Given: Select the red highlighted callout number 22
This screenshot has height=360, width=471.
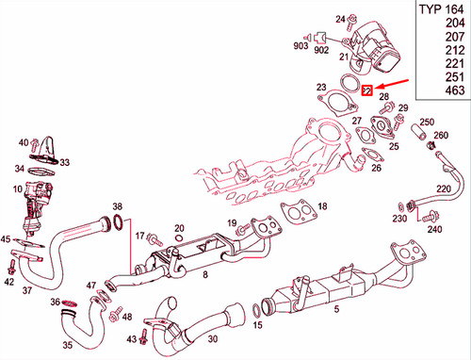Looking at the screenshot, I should click(x=369, y=90).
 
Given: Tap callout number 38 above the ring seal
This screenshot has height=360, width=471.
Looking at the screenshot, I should click(x=117, y=206).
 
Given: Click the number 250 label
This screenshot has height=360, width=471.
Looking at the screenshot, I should click(x=426, y=123).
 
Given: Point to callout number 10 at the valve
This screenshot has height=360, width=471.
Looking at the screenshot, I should click(x=18, y=191).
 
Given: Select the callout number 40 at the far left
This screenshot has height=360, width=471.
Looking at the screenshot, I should click(x=24, y=142).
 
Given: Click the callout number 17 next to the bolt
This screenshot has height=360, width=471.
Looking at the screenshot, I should click(x=138, y=235).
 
